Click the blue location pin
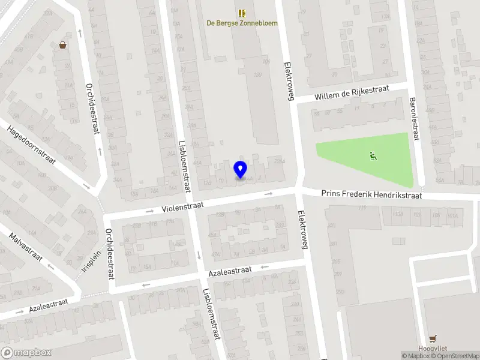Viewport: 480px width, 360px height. [x=241, y=169]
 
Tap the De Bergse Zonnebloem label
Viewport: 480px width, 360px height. [x=242, y=23]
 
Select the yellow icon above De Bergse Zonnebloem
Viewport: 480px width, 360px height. [x=242, y=13]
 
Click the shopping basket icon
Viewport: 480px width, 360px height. [x=62, y=45]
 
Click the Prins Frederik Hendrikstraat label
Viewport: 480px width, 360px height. [x=371, y=195]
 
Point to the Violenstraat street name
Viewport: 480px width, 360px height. [x=182, y=207]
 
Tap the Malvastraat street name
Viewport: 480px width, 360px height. [x=25, y=248]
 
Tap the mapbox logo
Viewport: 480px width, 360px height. [x=26, y=353]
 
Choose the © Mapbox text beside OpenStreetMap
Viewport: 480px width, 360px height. [x=418, y=356]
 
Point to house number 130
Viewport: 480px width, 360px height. [x=259, y=75]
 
